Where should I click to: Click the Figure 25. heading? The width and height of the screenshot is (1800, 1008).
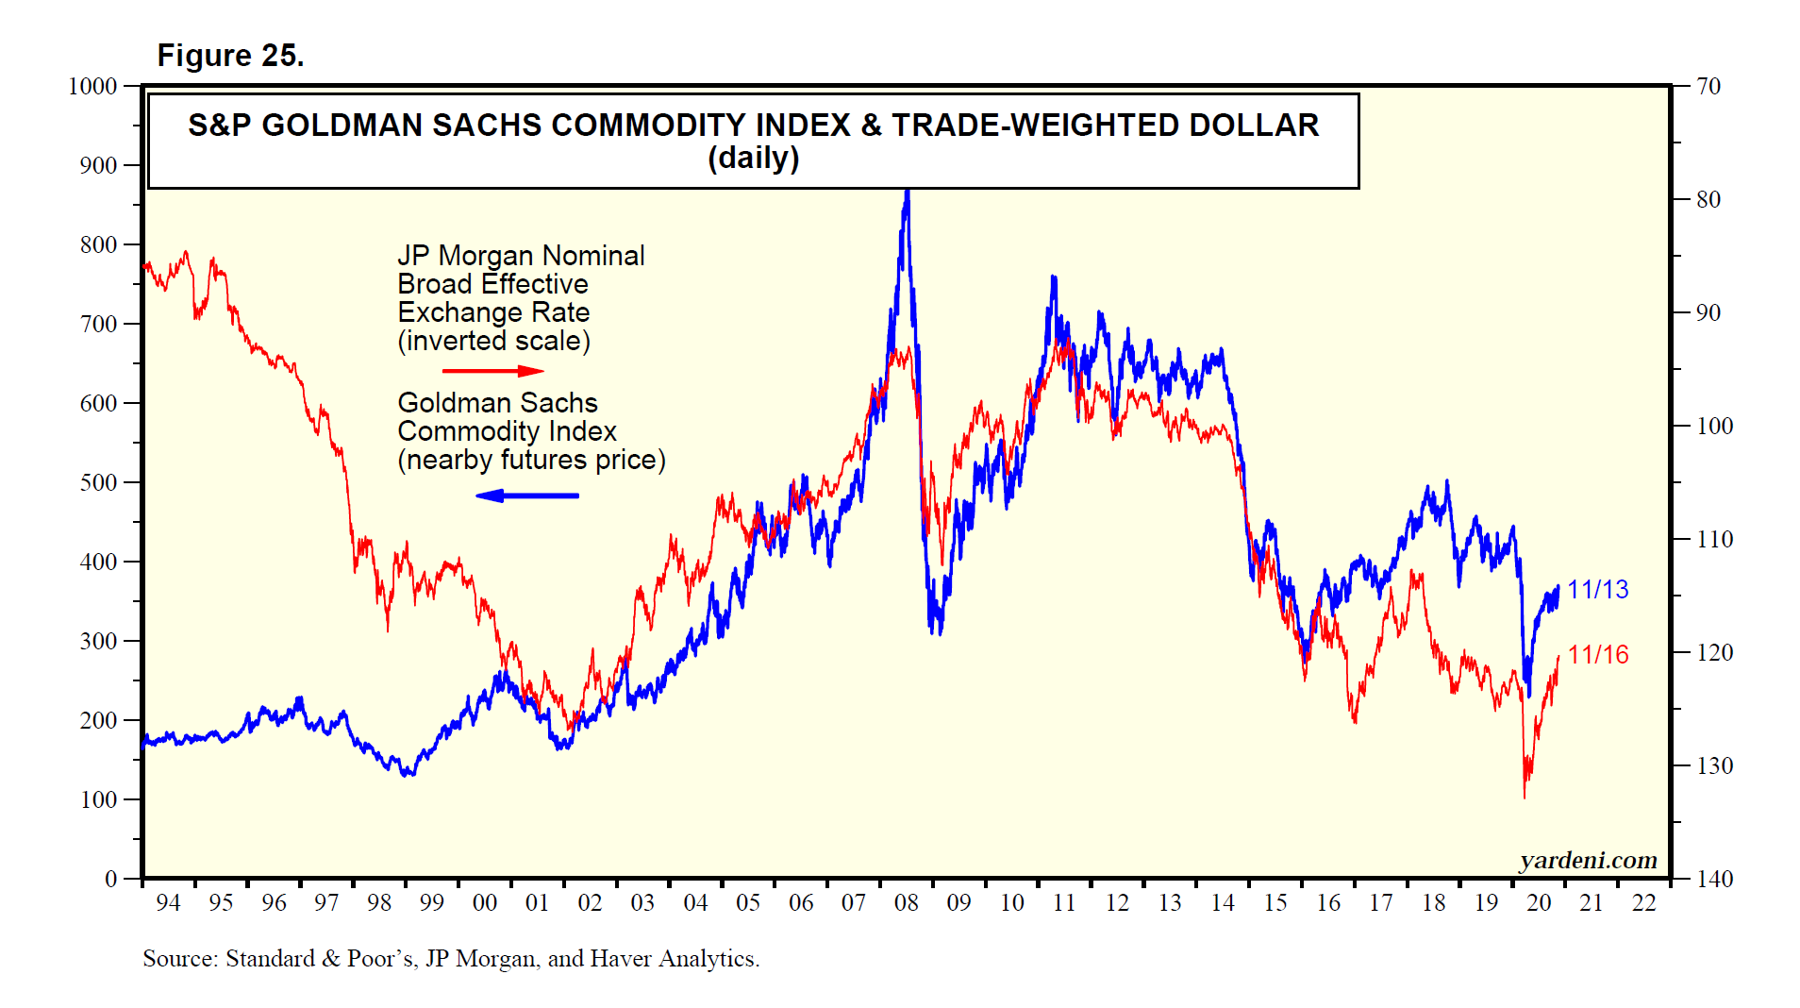[230, 56]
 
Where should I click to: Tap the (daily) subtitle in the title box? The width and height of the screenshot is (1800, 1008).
[753, 158]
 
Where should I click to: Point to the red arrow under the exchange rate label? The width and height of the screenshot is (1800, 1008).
[492, 371]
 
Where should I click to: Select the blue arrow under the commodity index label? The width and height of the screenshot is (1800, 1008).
[527, 496]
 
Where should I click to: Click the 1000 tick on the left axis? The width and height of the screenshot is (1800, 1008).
[92, 87]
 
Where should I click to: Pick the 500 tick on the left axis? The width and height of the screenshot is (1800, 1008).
[98, 482]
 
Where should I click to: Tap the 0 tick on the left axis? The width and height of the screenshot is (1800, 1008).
[111, 879]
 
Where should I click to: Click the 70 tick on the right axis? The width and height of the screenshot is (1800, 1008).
[1708, 87]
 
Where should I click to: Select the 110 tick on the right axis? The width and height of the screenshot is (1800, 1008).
[1714, 539]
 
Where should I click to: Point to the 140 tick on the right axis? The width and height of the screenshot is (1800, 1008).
[1714, 879]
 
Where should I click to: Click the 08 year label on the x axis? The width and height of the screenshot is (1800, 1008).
[906, 903]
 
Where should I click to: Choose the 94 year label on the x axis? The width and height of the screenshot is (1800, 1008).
[168, 903]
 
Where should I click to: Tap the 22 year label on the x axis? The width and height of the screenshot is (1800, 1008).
[1643, 903]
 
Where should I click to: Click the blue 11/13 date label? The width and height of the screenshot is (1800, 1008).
[1597, 590]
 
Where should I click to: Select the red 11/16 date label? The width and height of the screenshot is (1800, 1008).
[1598, 655]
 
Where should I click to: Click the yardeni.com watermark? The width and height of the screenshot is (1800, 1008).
[1588, 860]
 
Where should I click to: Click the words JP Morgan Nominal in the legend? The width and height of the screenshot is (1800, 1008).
[521, 256]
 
